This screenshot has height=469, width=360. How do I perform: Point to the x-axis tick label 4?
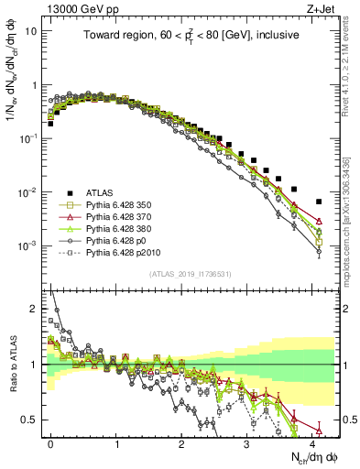(x=312, y=442)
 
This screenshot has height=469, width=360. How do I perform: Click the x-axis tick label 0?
(x=50, y=442)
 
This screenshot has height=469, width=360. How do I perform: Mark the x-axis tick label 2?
(x=181, y=442)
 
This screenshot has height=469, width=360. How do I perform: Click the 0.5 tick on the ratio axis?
(x=34, y=420)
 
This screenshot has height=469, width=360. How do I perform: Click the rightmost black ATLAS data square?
(x=319, y=202)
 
